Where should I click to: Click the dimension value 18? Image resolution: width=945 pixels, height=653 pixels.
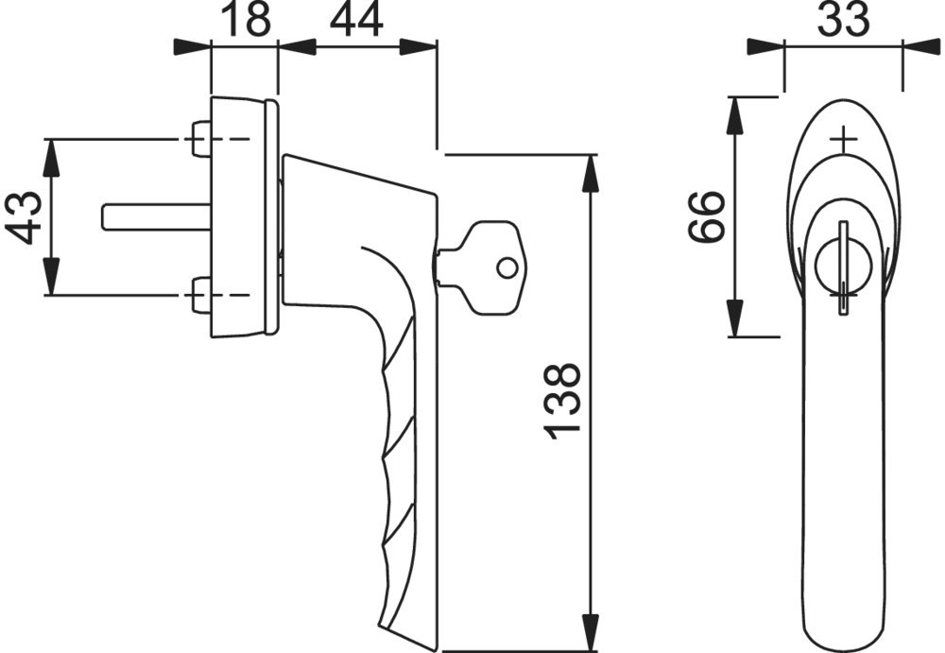247,19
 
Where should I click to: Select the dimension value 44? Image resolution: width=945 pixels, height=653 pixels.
356,19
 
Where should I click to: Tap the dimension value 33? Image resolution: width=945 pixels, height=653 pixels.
843,19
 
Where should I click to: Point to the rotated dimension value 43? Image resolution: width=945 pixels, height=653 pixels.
24,217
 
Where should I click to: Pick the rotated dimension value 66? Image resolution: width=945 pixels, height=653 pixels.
705,217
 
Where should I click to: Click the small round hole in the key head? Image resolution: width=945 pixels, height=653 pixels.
507,267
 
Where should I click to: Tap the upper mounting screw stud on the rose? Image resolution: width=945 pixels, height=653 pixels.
200,139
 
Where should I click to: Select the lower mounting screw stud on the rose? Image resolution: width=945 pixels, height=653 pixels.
200,295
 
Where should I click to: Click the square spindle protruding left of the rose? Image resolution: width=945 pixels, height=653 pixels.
156,217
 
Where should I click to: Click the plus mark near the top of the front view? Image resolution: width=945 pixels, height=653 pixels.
843,141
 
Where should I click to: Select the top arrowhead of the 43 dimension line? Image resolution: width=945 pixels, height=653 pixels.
51,158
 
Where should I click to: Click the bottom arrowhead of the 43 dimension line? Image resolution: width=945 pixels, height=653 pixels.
51,277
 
